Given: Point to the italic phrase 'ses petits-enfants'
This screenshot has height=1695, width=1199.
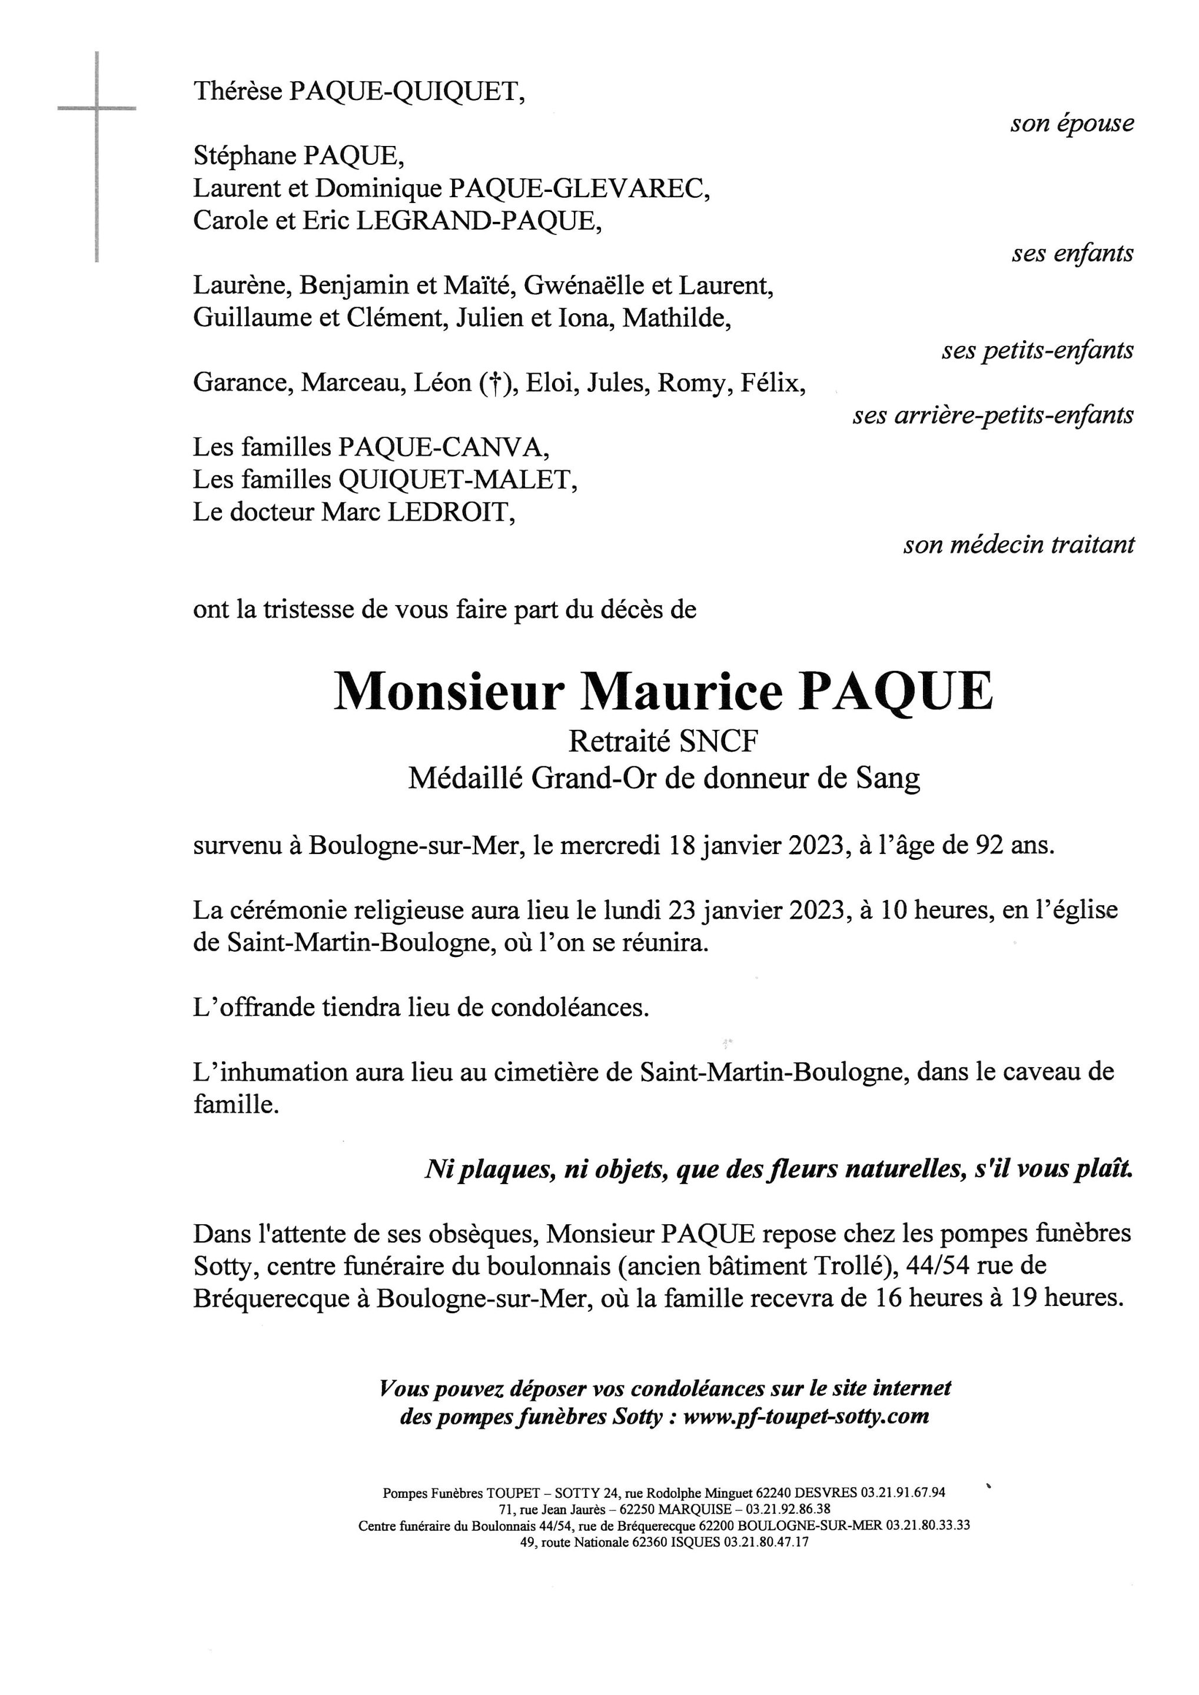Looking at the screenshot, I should (1037, 351).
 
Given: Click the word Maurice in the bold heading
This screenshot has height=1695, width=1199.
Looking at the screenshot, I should (683, 691).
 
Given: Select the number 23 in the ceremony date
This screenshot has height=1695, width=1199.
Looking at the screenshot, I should (682, 909).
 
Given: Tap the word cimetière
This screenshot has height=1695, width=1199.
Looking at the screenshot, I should (543, 1072).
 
